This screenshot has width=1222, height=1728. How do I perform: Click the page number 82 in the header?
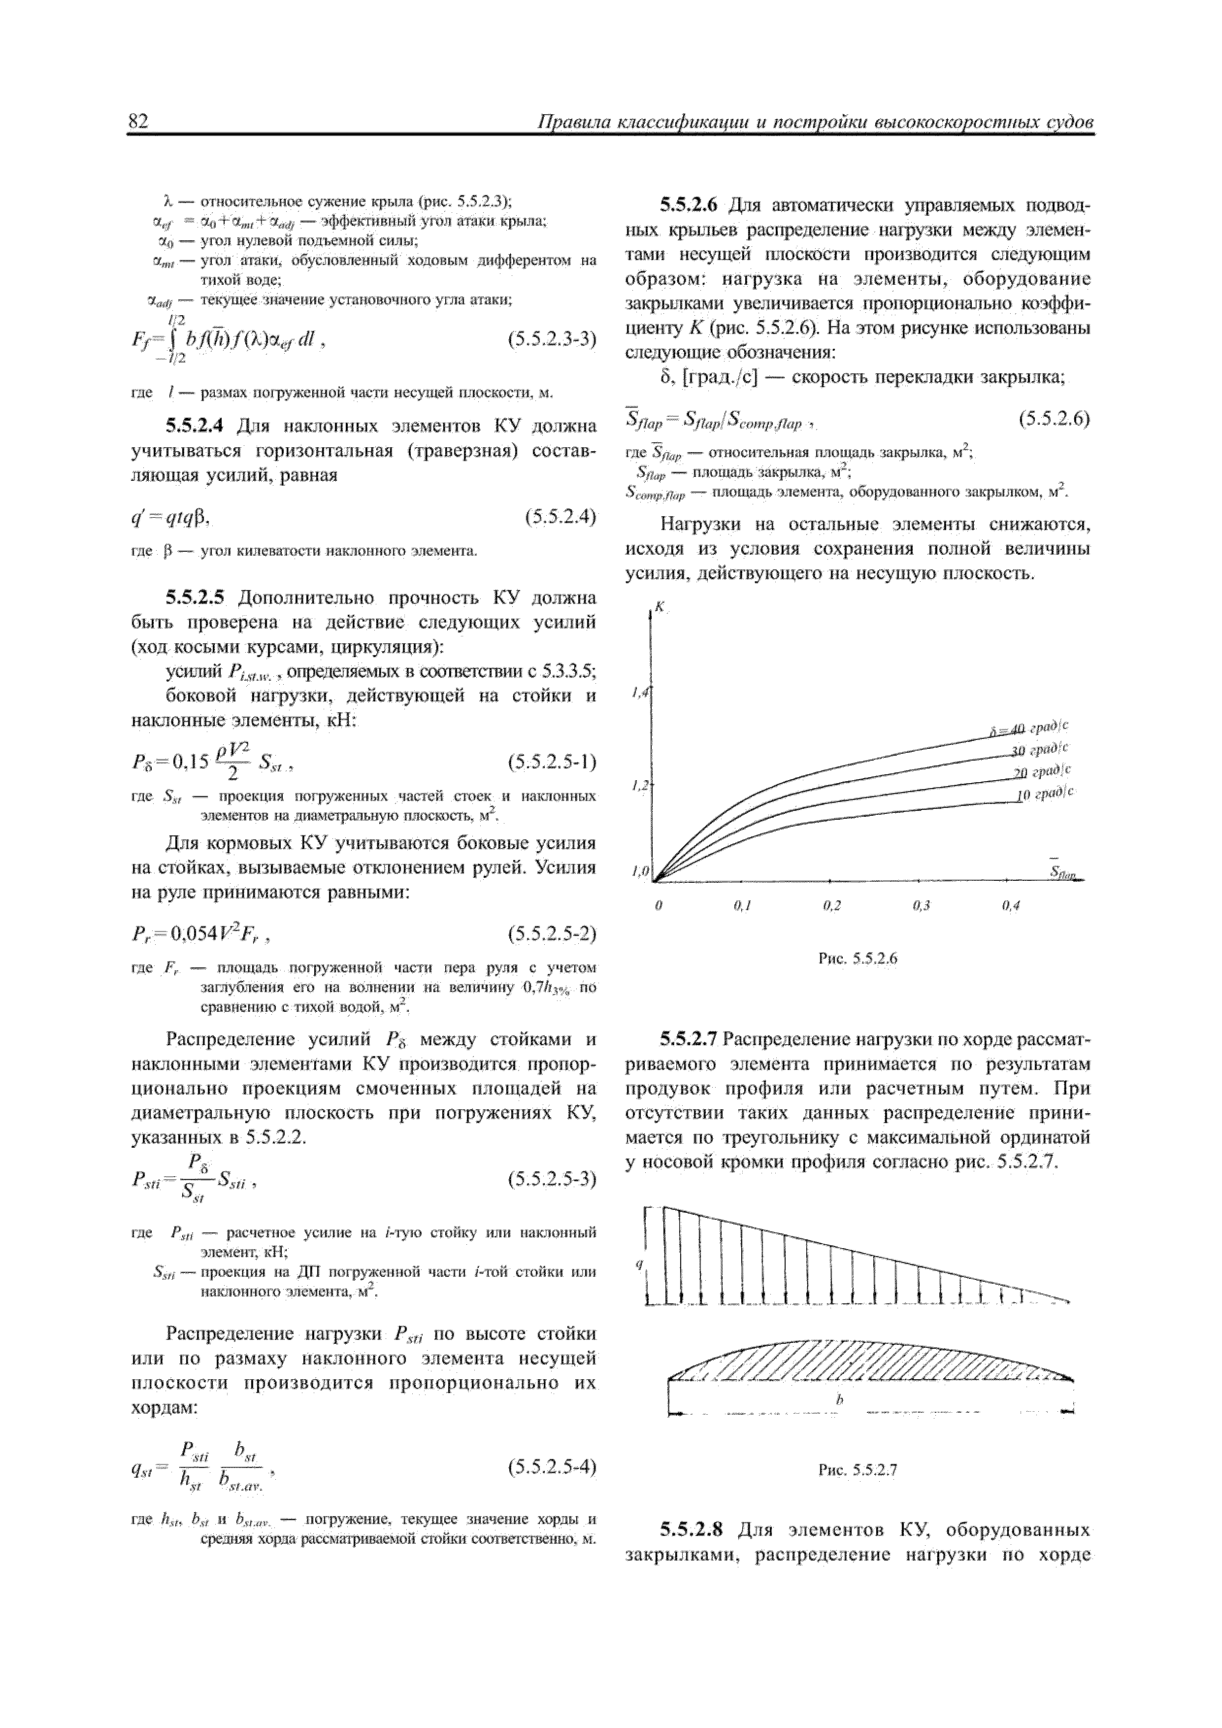click(x=140, y=121)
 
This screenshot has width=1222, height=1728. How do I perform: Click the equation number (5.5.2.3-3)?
click(x=552, y=339)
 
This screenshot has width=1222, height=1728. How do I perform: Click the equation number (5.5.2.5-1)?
click(x=552, y=763)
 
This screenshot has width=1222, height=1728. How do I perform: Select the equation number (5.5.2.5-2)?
click(x=552, y=934)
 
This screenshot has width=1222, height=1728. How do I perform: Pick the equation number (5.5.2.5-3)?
click(x=552, y=1178)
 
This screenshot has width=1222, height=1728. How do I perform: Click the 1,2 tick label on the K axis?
click(x=640, y=786)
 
